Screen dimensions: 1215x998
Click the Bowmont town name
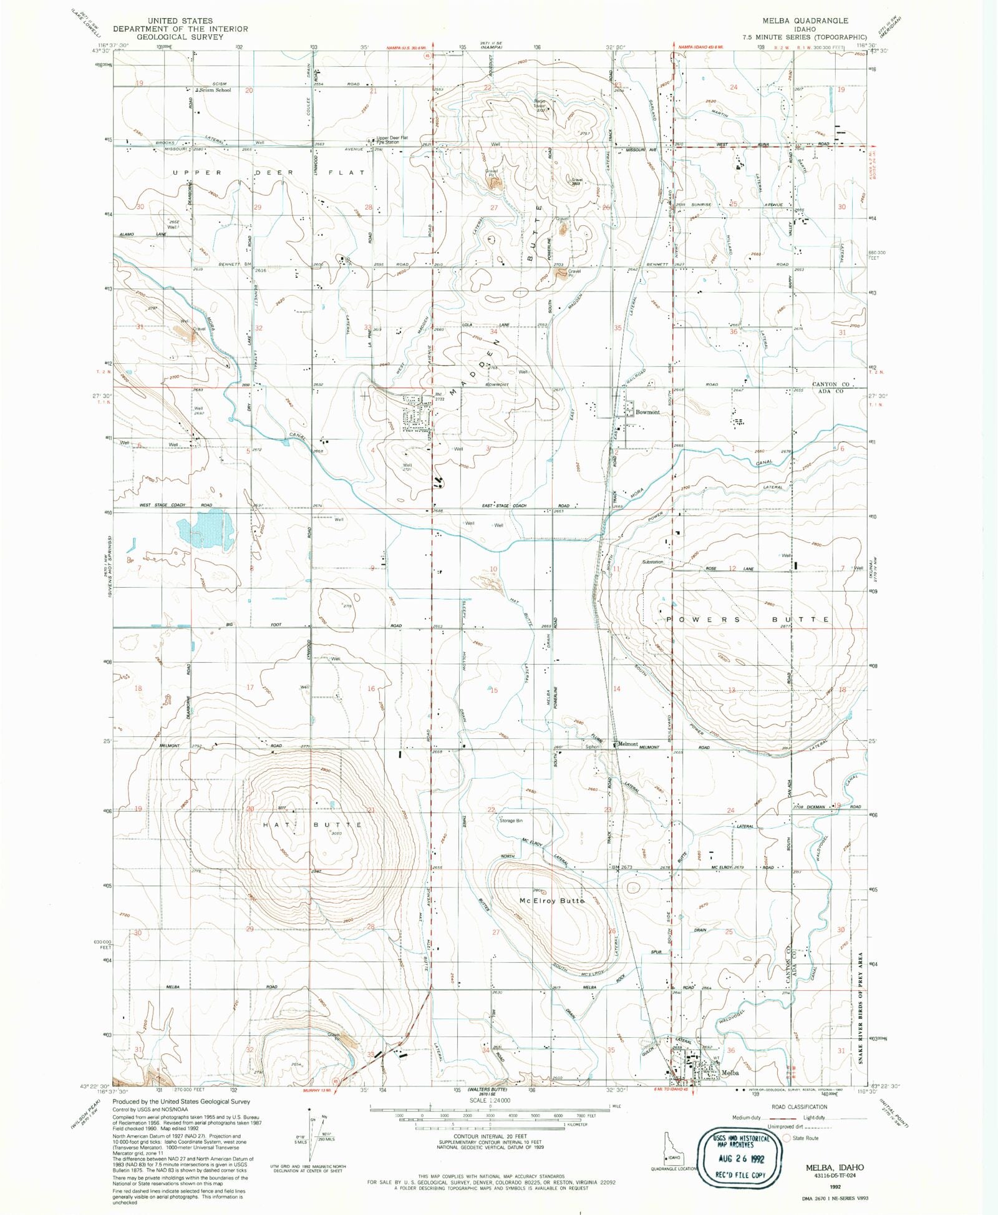coord(647,412)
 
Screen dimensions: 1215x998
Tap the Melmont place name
coord(627,744)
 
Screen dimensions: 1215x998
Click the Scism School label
coord(215,90)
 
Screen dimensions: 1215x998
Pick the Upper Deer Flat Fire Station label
coord(392,140)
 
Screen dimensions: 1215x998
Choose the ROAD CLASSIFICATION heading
coord(800,1107)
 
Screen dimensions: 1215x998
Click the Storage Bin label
coord(511,821)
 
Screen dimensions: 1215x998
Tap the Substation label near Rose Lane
coord(652,562)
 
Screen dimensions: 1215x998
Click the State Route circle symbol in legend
coord(787,1138)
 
